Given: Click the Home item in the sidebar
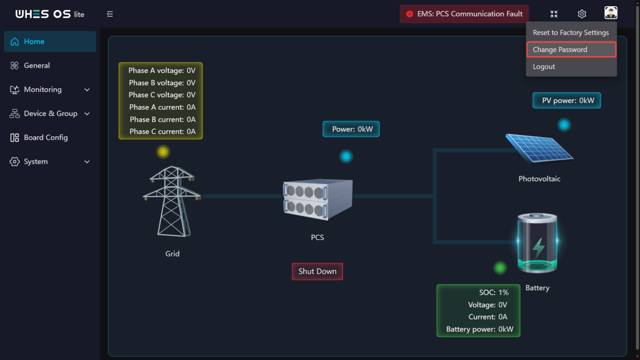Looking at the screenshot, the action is (x=50, y=41).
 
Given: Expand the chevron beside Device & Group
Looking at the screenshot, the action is (x=87, y=114).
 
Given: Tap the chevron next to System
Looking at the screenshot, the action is (x=87, y=162).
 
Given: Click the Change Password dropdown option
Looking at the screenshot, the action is (x=571, y=49).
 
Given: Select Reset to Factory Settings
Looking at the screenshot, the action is (x=571, y=32).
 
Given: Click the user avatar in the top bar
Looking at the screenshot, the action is (x=611, y=13).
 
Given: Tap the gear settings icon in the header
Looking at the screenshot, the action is (x=582, y=14).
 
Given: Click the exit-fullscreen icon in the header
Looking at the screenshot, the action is (x=554, y=14).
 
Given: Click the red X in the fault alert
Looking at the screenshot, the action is (x=410, y=14).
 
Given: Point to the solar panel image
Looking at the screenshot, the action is (x=539, y=148).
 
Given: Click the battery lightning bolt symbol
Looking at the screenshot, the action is (x=538, y=247).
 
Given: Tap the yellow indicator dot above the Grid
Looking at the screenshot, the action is (x=163, y=152).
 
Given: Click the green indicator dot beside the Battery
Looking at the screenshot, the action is (x=500, y=268).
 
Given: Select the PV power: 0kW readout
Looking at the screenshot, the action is (x=567, y=100).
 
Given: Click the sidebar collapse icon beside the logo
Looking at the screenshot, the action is (x=110, y=14).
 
